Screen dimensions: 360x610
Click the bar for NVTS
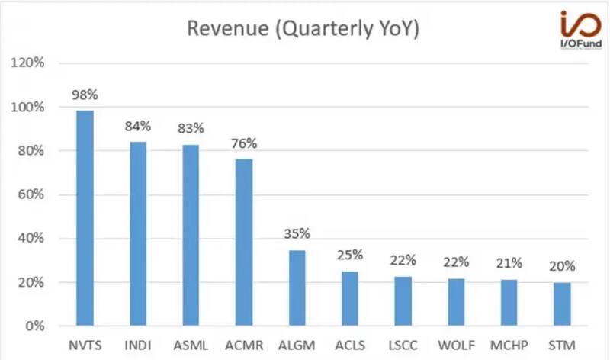pos(85,218)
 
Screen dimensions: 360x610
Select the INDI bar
pos(137,234)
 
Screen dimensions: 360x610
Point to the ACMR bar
pos(243,243)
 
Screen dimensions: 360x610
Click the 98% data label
pos(85,95)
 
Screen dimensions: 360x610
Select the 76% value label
pos(244,143)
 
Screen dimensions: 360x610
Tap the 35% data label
pos(297,233)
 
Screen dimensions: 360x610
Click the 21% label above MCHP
pos(508,263)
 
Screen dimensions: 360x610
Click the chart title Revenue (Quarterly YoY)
pos(303,30)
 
